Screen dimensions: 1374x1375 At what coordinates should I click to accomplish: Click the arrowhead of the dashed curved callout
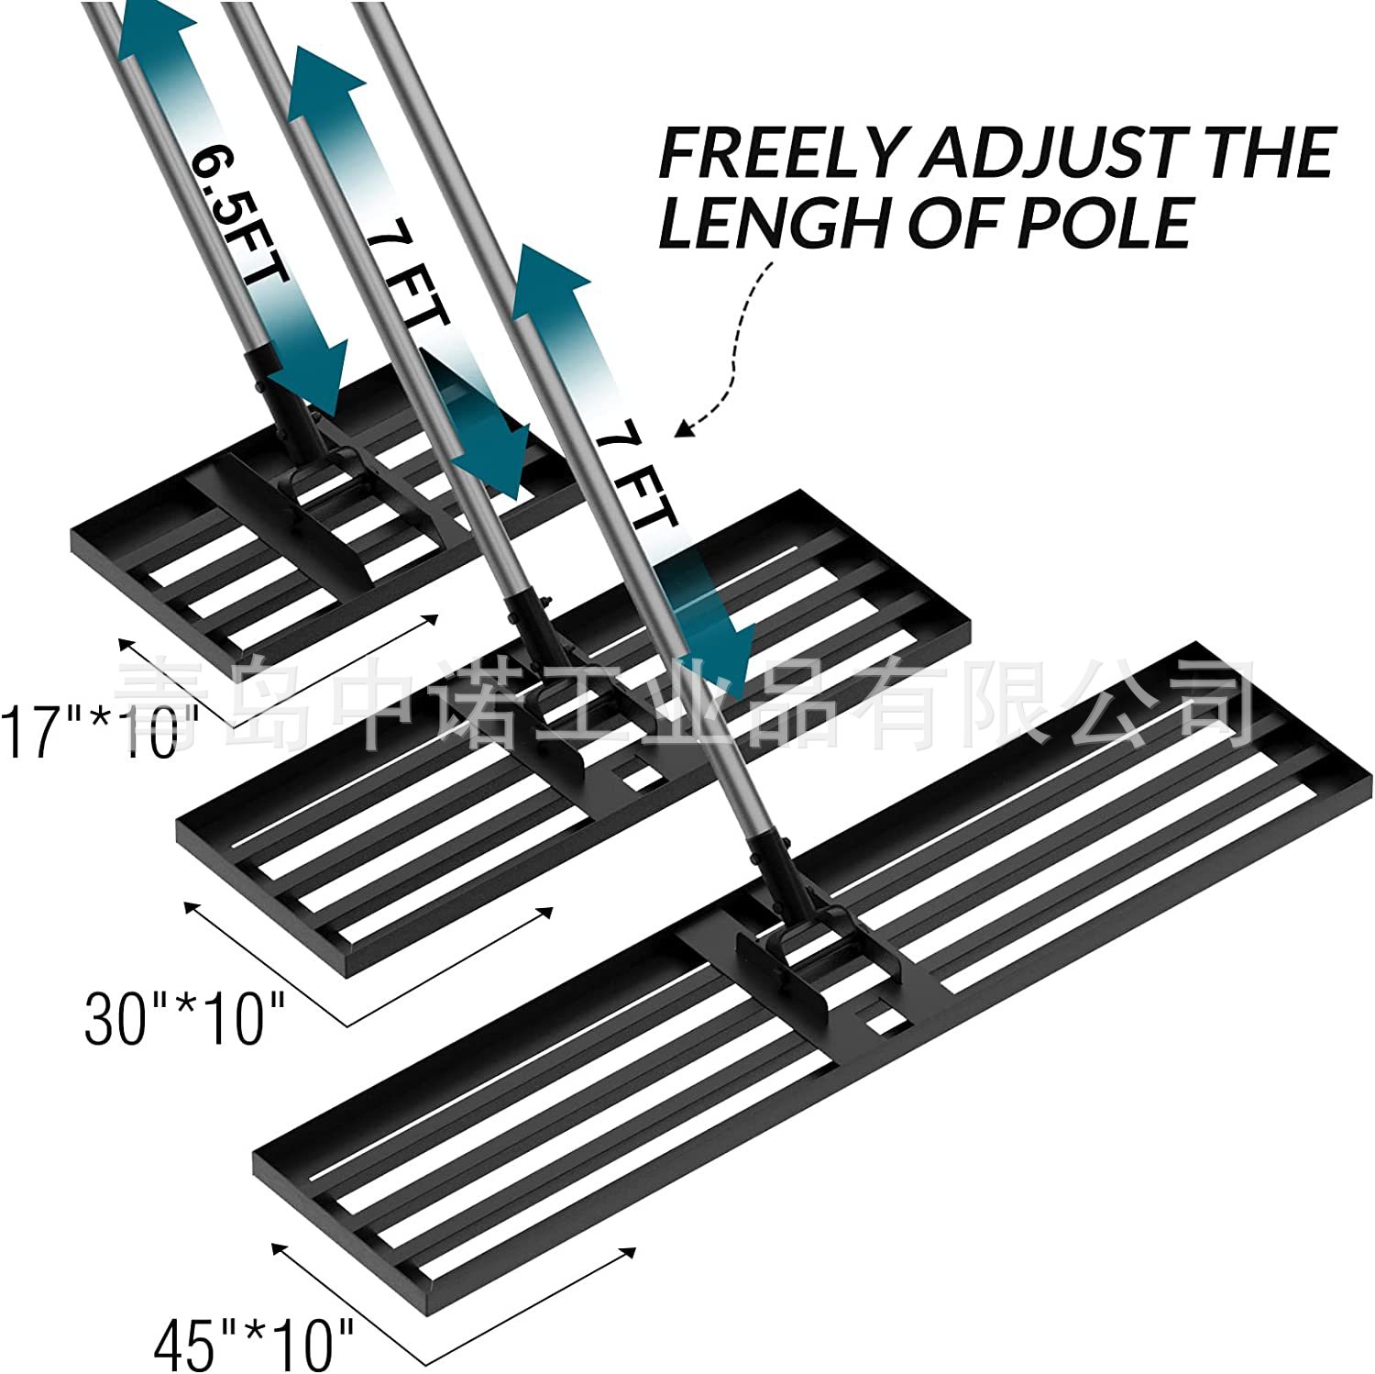683,427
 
